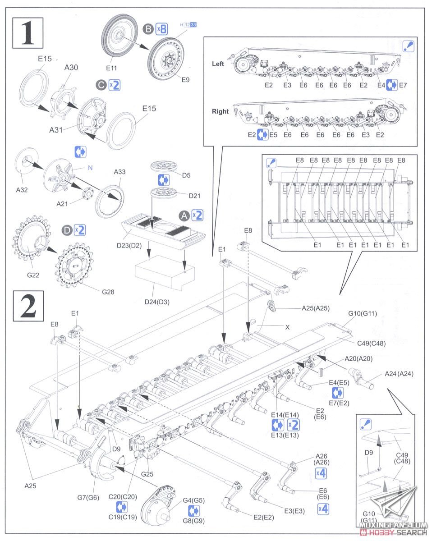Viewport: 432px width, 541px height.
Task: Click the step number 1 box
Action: coord(28,32)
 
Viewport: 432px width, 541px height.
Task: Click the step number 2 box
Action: coord(28,306)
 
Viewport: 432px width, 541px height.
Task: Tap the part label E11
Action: coord(111,68)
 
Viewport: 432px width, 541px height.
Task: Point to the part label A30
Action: coord(71,67)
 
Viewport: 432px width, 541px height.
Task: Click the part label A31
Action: coord(58,129)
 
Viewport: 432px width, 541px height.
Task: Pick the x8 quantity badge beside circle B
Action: coord(161,29)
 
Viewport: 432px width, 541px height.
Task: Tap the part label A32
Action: coord(22,190)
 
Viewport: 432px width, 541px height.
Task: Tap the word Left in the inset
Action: coord(218,64)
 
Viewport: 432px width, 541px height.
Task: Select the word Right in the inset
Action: coord(220,111)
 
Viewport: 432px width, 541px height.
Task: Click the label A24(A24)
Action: coord(399,373)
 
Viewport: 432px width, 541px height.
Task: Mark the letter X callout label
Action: coord(287,327)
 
